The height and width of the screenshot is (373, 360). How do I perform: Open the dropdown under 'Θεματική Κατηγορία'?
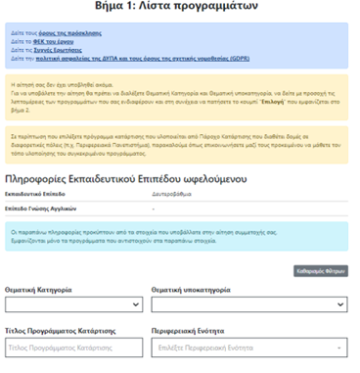coord(73,304)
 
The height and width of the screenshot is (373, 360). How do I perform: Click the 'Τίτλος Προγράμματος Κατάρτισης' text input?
coord(73,348)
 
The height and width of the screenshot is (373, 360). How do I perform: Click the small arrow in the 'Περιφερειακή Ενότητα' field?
coord(338,348)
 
